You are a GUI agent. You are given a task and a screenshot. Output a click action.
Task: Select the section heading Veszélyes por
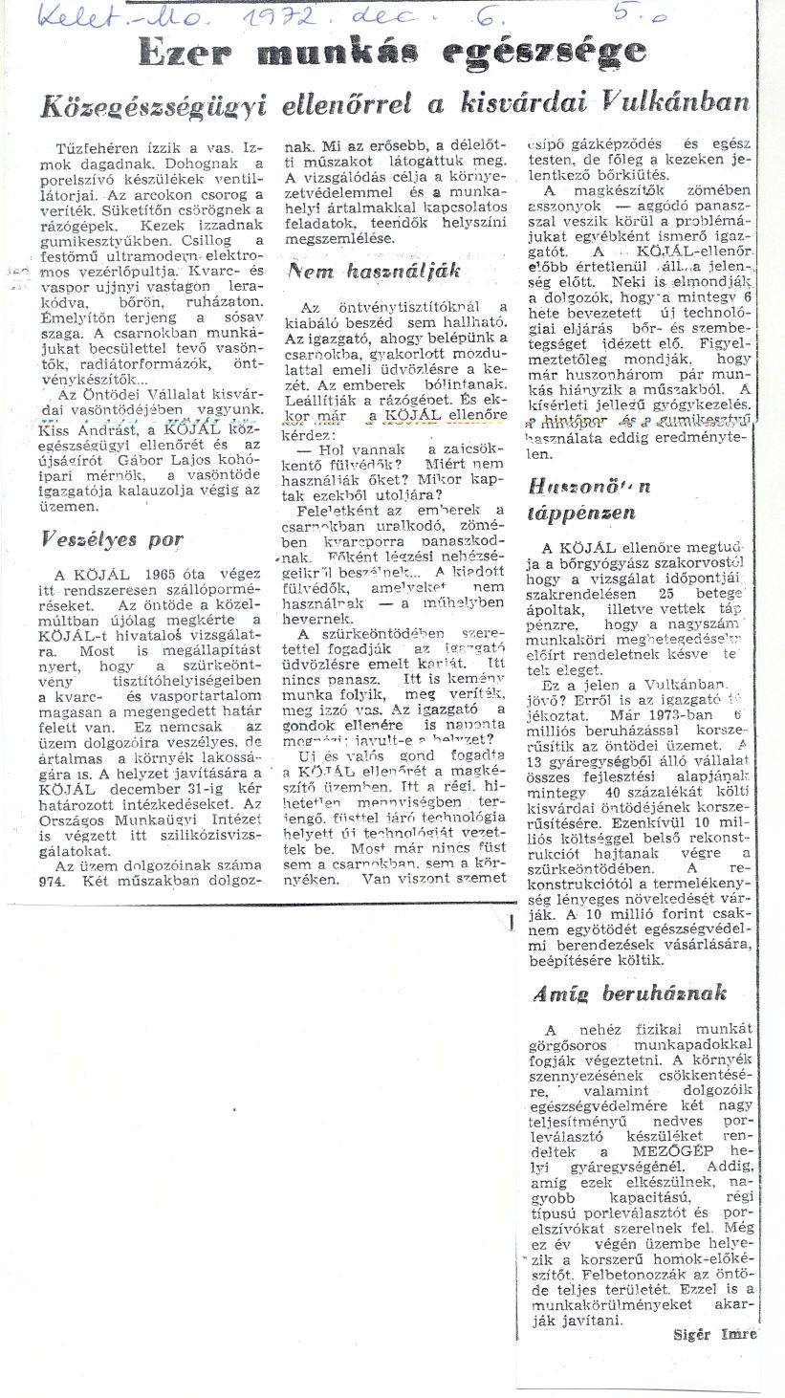click(x=113, y=538)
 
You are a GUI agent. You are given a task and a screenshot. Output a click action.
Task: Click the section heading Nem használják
click(x=374, y=271)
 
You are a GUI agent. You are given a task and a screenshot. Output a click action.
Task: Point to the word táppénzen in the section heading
click(x=579, y=513)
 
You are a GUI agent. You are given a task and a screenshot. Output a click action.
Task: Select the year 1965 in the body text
click(x=154, y=574)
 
